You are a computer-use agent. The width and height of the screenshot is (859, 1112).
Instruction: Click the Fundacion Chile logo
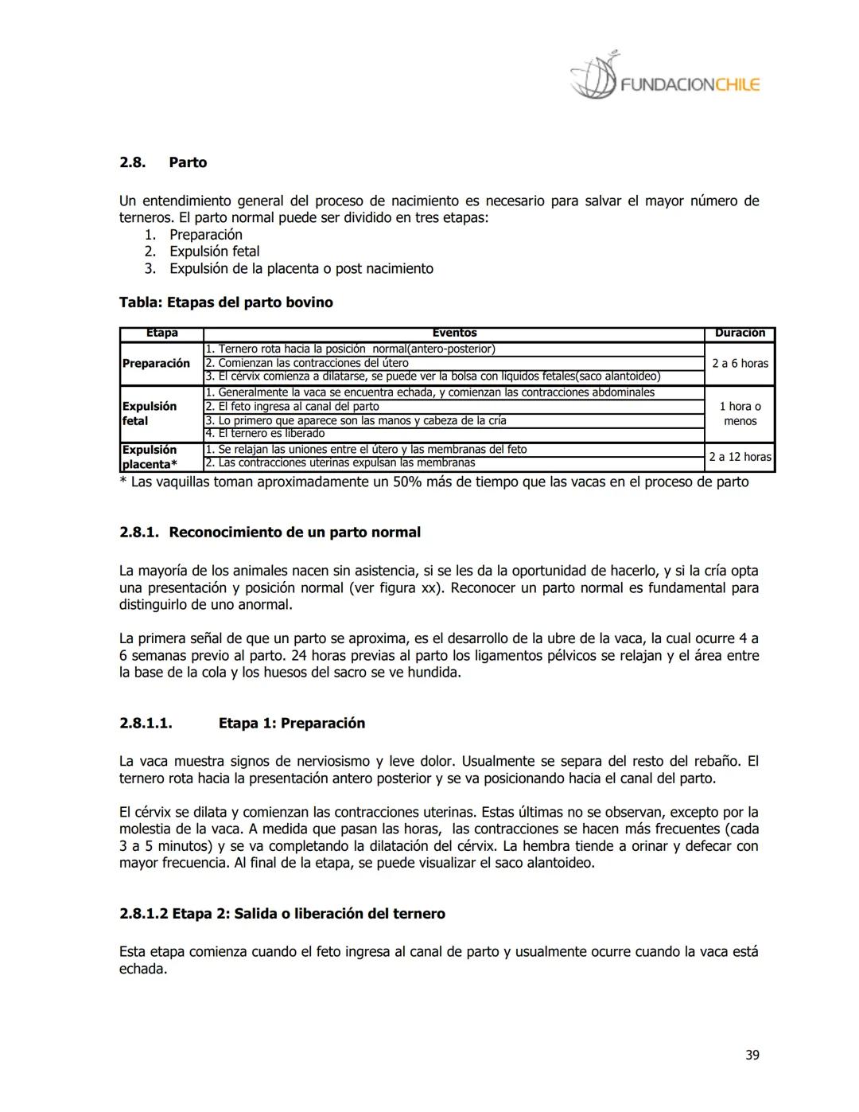click(665, 78)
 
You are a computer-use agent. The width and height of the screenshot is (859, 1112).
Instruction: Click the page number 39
click(752, 1055)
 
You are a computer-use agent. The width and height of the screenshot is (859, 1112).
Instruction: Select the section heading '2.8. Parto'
click(163, 162)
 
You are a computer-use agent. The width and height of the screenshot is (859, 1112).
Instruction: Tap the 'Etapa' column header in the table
click(161, 334)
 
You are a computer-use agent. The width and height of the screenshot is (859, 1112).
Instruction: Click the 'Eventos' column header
click(454, 334)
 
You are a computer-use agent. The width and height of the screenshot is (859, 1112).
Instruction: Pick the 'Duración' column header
click(740, 334)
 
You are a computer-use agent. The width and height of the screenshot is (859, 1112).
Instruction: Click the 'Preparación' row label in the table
click(156, 363)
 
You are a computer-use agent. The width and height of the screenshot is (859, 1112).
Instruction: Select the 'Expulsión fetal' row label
click(150, 413)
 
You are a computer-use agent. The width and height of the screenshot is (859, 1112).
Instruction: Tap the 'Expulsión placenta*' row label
click(150, 457)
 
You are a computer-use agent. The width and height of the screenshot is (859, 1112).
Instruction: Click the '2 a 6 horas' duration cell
click(740, 363)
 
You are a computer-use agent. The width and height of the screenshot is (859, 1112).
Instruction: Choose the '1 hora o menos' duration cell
click(740, 413)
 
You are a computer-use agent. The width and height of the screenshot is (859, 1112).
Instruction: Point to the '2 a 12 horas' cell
click(740, 457)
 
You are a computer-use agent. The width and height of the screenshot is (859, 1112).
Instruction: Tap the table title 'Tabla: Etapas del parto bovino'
click(226, 302)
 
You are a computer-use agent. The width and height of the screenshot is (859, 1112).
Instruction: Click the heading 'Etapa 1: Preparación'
click(291, 723)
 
